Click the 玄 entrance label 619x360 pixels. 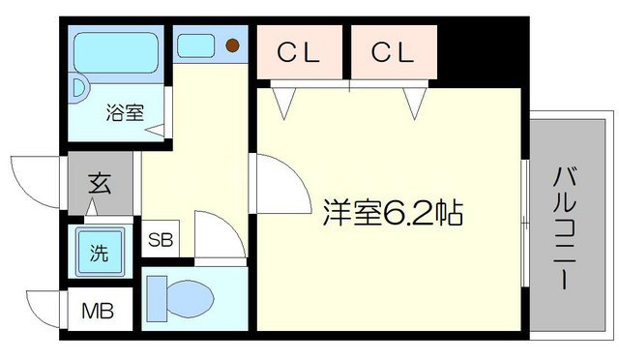point(100,182)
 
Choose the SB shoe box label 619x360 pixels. point(161,240)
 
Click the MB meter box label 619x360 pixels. point(95,313)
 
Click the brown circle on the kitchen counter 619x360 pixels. point(232,44)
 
